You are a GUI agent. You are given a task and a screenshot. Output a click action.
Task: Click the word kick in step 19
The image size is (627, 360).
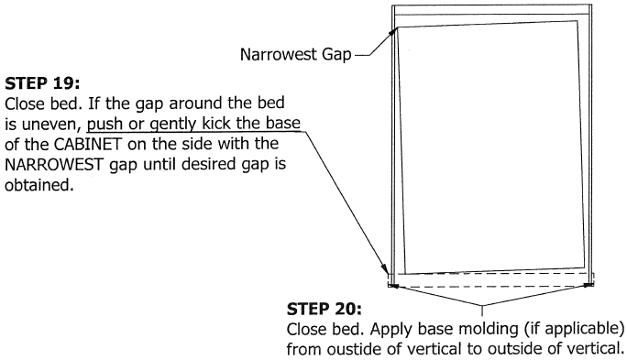tap(194, 123)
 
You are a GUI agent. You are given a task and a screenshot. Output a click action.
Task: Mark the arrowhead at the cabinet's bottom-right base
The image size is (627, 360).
tap(591, 283)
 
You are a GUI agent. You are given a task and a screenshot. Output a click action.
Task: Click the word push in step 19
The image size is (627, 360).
tap(104, 123)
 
